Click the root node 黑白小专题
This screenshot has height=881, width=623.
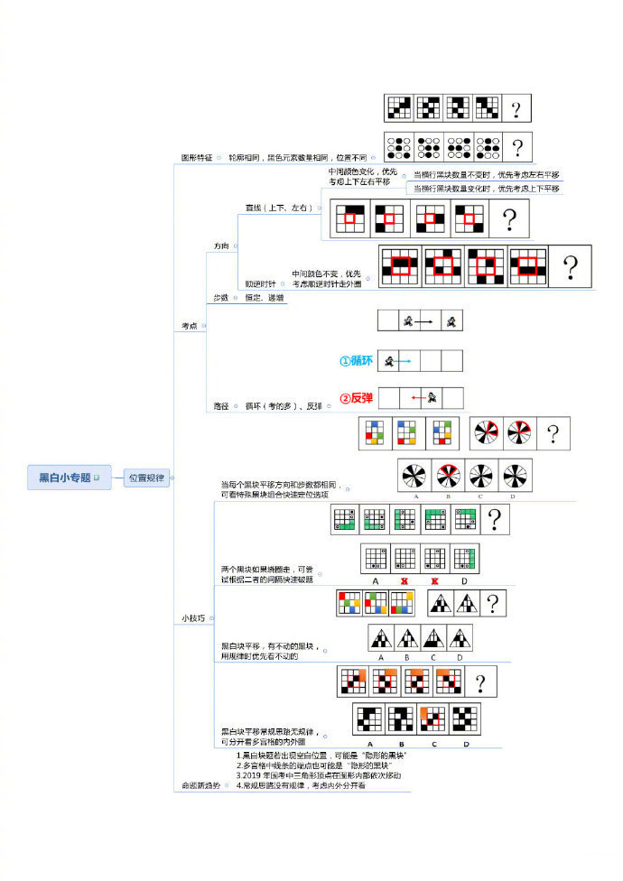(x=63, y=477)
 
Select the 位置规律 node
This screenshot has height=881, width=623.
(x=145, y=478)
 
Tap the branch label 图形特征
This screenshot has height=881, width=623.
(x=197, y=157)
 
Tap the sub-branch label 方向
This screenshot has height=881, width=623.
(x=221, y=246)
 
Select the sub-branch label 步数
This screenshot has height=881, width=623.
(x=220, y=297)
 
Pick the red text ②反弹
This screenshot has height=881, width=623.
(x=356, y=398)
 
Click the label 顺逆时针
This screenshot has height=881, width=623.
(x=261, y=283)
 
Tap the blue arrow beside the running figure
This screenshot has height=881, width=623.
(x=403, y=361)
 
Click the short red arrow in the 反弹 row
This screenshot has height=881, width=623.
(x=417, y=397)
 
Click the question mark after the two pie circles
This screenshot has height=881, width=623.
(x=553, y=433)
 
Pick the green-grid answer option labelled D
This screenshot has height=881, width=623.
(x=466, y=558)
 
